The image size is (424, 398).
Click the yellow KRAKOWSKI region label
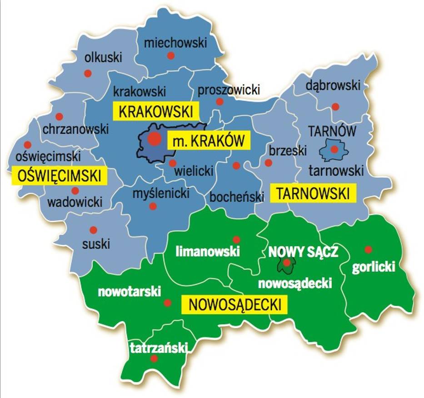155,111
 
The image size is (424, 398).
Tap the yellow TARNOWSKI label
313,193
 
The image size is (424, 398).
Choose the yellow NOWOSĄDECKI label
234,305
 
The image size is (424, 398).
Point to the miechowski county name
175,43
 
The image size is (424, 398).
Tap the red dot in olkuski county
88,73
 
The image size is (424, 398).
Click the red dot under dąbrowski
335,107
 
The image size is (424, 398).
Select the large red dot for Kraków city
155,140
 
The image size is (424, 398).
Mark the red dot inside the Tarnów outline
334,149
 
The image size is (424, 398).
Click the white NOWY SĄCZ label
303,252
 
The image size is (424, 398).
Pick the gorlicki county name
374,267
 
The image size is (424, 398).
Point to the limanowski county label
208,251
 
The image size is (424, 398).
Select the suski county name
96,244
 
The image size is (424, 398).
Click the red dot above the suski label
93,230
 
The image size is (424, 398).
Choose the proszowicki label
229,90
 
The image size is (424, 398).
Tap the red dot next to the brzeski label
269,162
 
